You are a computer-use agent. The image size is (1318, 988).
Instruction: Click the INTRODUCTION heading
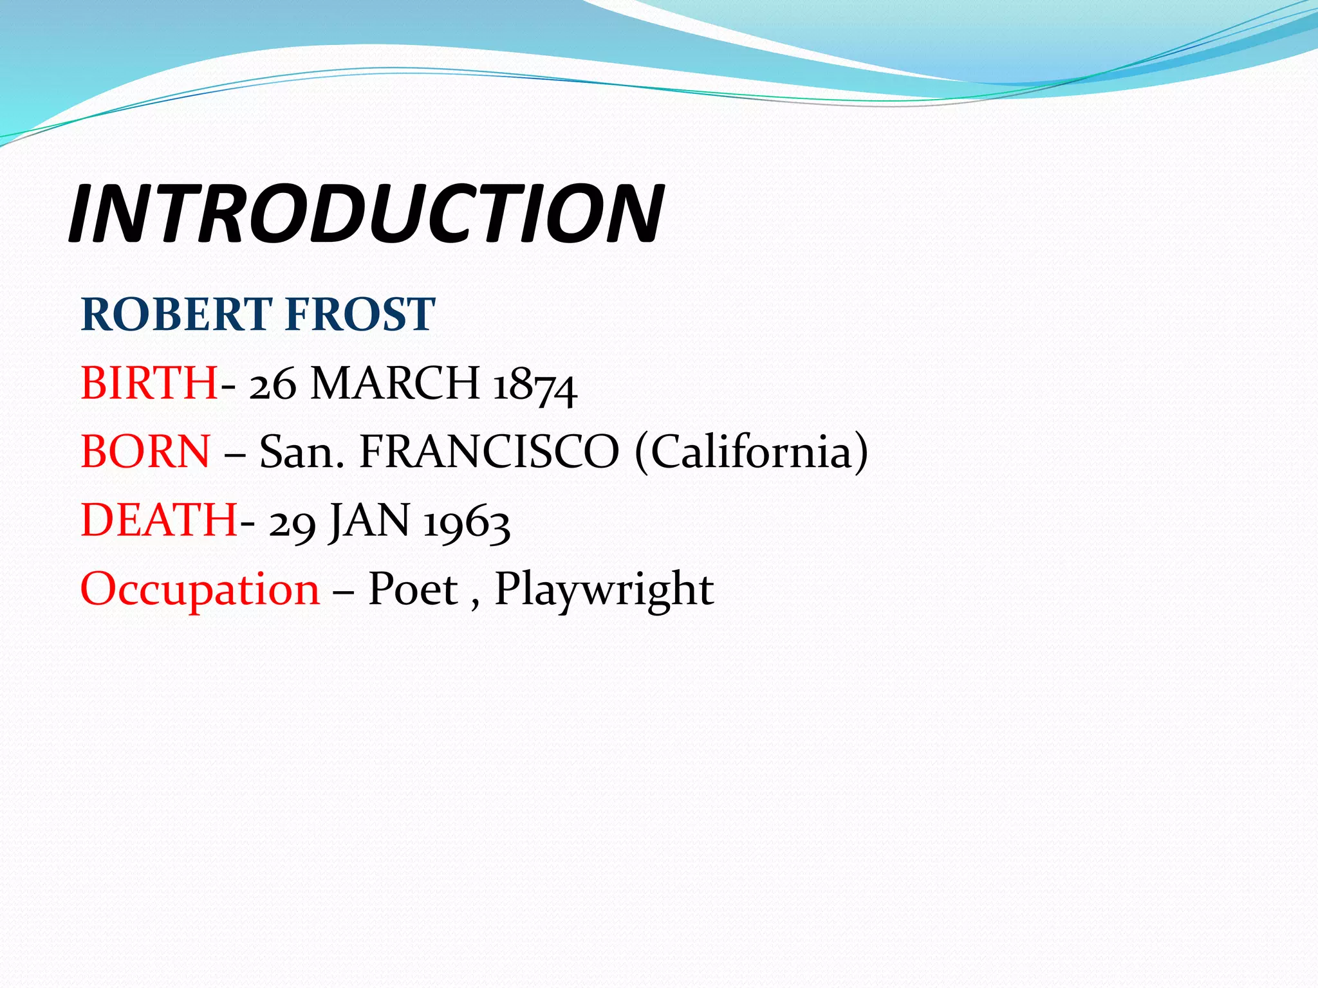pos(366,214)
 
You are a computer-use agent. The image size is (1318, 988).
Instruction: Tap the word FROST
pos(360,315)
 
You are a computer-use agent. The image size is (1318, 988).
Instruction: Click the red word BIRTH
pos(149,383)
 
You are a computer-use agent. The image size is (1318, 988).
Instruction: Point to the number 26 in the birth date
pos(273,385)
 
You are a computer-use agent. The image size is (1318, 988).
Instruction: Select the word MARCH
pos(394,383)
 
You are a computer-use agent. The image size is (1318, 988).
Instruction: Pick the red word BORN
pos(145,452)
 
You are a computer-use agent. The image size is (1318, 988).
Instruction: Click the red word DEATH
pos(159,520)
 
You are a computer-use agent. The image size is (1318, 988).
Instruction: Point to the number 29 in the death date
pos(292,522)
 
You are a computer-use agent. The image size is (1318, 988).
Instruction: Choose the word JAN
pos(369,521)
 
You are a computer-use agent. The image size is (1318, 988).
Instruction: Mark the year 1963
pos(467,522)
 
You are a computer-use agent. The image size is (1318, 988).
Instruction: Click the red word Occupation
pos(200,589)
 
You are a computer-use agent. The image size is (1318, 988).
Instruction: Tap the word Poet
pos(413,589)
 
